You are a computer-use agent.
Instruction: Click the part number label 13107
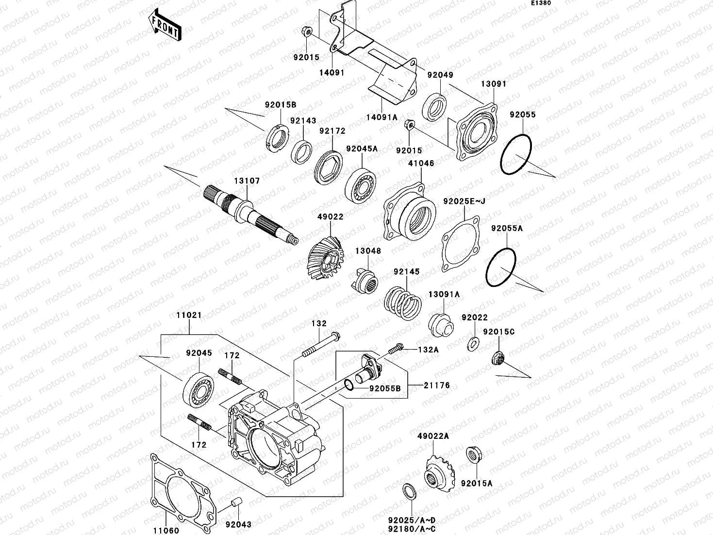(x=248, y=181)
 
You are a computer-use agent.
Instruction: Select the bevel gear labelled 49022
(x=327, y=257)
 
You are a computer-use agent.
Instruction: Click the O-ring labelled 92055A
(x=500, y=268)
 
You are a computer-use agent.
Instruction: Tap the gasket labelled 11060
(x=180, y=490)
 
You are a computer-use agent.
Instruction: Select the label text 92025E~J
(x=464, y=201)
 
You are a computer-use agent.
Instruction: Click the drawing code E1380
(x=540, y=3)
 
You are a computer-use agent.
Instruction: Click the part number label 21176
(x=437, y=385)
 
